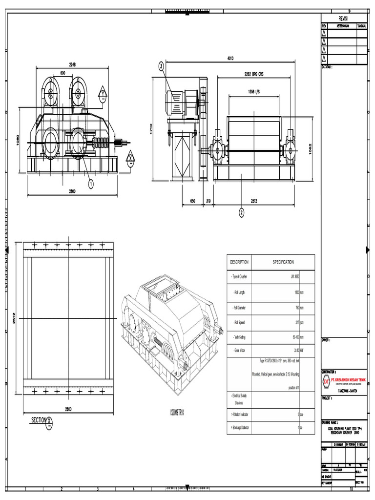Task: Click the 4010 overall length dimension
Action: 230,58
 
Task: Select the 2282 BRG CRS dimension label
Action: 253,74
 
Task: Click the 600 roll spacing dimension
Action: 63,72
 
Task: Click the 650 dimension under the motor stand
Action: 192,201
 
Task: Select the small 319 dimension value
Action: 208,201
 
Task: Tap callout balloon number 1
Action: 90,184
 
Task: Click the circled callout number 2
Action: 241,212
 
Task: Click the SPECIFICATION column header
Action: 283,262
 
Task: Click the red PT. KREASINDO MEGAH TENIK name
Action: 348,378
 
